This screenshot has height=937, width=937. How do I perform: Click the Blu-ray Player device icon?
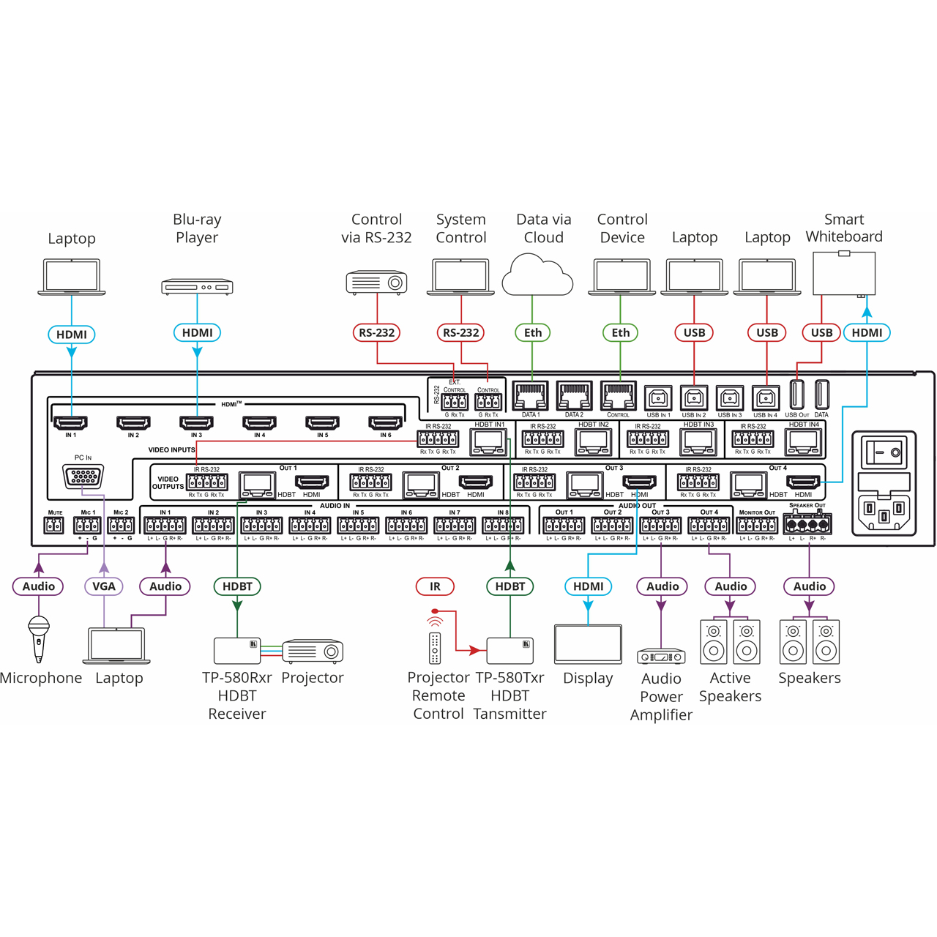coord(197,286)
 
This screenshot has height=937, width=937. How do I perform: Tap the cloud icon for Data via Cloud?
coord(537,275)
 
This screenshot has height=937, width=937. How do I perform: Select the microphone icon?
coord(39,637)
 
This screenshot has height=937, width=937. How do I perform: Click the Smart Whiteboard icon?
coord(844,272)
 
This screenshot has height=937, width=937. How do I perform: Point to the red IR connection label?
coord(435,586)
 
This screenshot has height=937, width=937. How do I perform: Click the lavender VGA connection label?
coord(104,586)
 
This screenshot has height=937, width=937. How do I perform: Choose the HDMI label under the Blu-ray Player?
coord(197,333)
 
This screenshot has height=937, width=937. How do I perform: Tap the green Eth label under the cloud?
coord(532,333)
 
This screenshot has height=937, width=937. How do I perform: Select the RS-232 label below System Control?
coord(460,333)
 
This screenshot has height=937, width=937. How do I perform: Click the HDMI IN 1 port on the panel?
coord(70,422)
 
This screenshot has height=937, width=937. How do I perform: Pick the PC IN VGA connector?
coord(83,477)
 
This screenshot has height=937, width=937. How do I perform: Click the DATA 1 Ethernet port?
coord(531,397)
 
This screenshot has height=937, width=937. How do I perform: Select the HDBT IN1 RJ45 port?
coord(489,441)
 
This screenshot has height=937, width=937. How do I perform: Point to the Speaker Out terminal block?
coord(807,524)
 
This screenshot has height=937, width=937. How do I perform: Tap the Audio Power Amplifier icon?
coord(661,657)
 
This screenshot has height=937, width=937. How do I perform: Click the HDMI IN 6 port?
coord(385,422)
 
